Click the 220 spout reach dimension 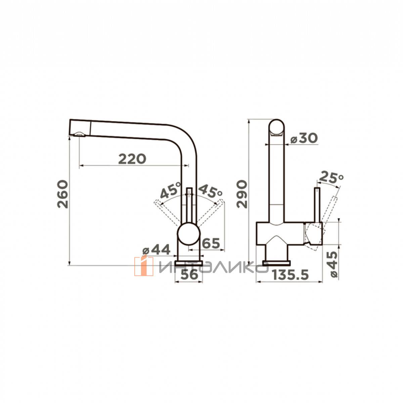(x=132, y=159)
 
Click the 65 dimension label (x=211, y=243)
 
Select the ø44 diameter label (x=156, y=250)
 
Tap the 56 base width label (x=189, y=274)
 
